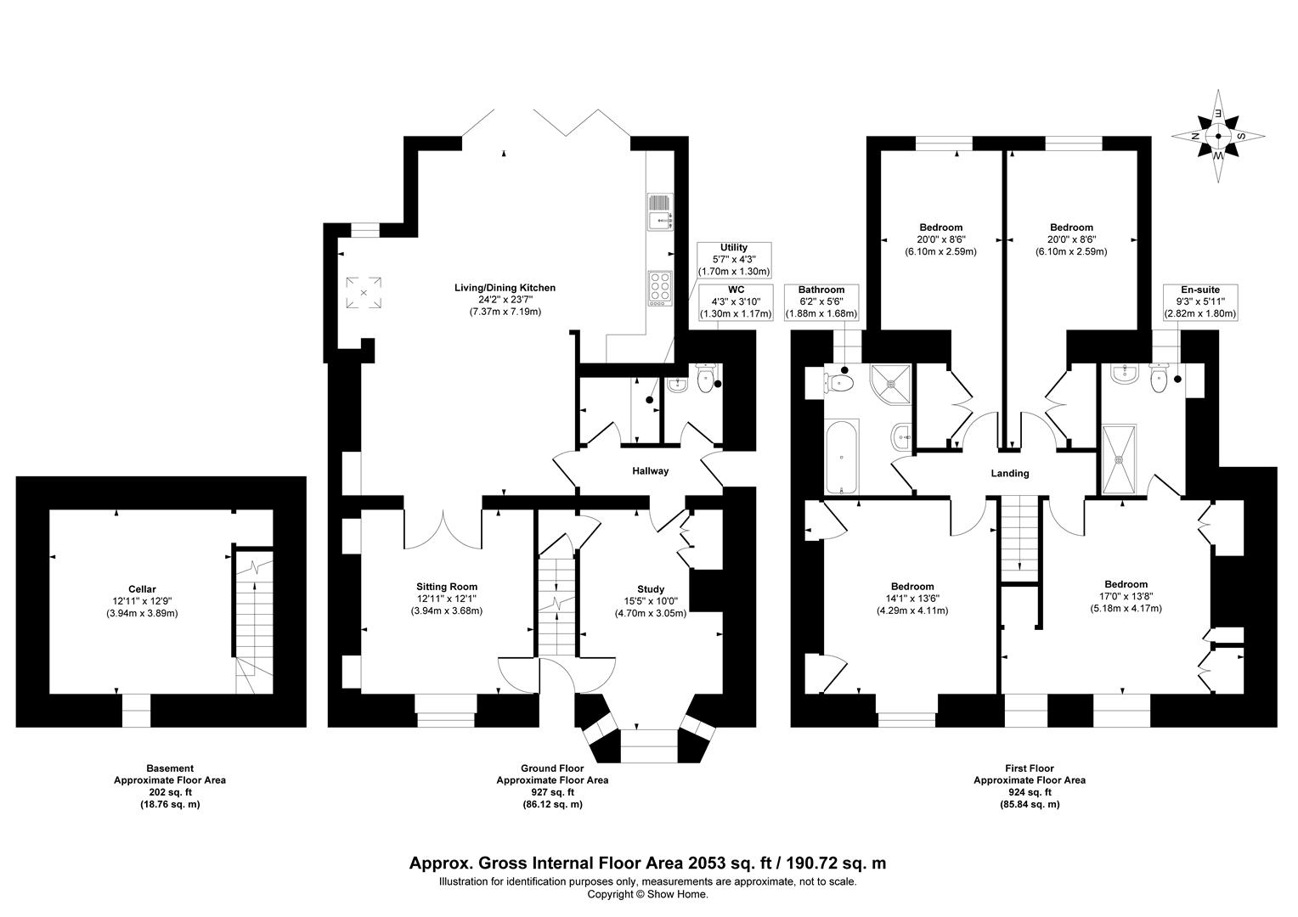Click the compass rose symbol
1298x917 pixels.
pyautogui.click(x=1218, y=137)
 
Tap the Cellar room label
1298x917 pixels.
pyautogui.click(x=142, y=589)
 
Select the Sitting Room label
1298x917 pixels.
pyautogui.click(x=447, y=587)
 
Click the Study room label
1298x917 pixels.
pyautogui.click(x=651, y=589)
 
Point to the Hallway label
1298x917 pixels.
pyautogui.click(x=650, y=471)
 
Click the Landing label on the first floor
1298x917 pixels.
pyautogui.click(x=1010, y=473)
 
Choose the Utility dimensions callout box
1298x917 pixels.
pyautogui.click(x=734, y=260)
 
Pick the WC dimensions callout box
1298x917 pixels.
pyautogui.click(x=736, y=301)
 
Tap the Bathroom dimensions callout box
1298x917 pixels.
pyautogui.click(x=821, y=301)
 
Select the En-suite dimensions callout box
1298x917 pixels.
pyautogui.click(x=1200, y=301)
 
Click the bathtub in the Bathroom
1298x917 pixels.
pyautogui.click(x=842, y=458)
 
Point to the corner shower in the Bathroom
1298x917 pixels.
pyautogui.click(x=890, y=385)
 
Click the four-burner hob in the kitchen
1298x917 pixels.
pyautogui.click(x=660, y=288)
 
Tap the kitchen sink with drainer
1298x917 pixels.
pyautogui.click(x=660, y=211)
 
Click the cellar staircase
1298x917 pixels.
pyautogui.click(x=254, y=622)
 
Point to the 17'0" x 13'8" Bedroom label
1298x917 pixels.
pyautogui.click(x=1126, y=596)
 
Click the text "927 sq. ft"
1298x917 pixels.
pyautogui.click(x=552, y=792)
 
